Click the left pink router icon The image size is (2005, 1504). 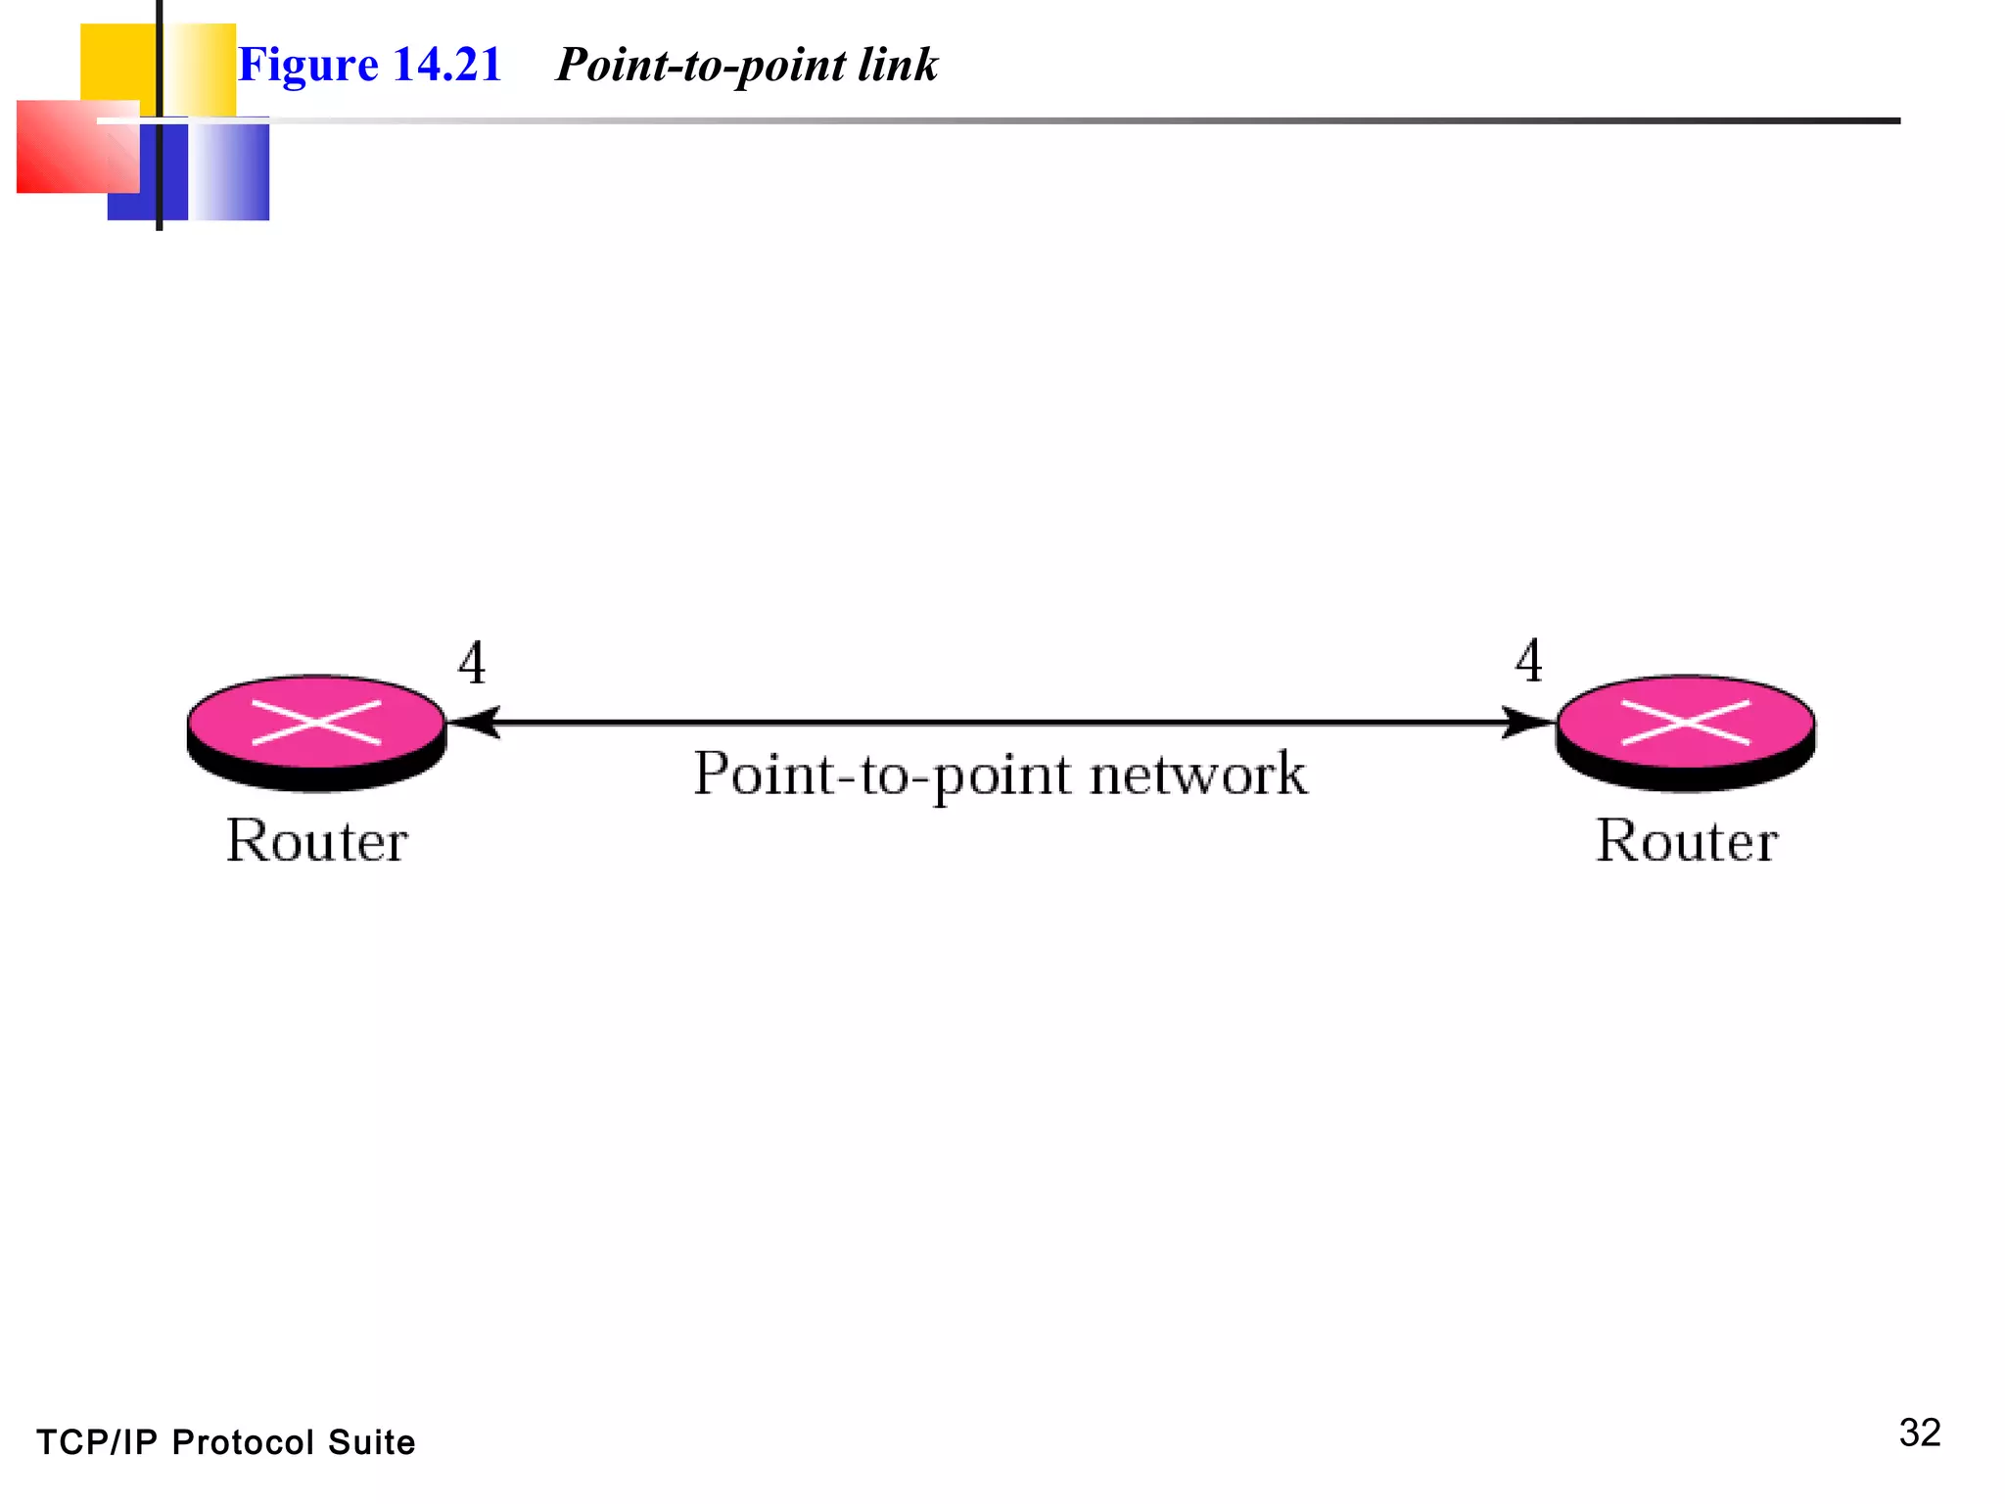coord(316,730)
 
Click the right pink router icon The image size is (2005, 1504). coord(1685,730)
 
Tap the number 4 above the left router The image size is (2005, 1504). coord(472,663)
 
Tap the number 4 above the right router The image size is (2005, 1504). coord(1528,661)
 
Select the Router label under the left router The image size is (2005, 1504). coord(316,841)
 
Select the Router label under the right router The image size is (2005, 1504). coord(1686,841)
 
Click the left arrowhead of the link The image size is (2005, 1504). coord(475,723)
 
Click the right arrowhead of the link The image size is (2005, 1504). coord(1527,723)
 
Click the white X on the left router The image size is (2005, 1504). coord(316,723)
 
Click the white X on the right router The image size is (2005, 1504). coord(1685,723)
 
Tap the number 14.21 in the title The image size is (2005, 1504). coord(446,65)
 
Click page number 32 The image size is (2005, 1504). coord(1919,1433)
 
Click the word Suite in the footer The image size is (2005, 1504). coord(371,1442)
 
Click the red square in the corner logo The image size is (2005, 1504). coord(69,147)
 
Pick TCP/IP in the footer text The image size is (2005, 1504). coord(96,1442)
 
